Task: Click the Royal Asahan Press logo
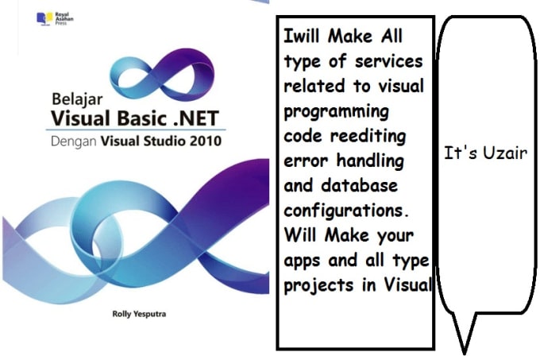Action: (x=55, y=18)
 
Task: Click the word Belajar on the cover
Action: (x=77, y=99)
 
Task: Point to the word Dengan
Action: (x=73, y=142)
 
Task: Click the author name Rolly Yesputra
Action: (x=139, y=314)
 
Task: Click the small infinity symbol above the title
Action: (x=162, y=74)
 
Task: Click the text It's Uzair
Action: (x=485, y=153)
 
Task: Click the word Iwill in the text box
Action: (x=302, y=36)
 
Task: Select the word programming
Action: (x=337, y=112)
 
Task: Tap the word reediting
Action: (x=368, y=137)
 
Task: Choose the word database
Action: (x=359, y=185)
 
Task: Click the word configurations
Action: (x=346, y=211)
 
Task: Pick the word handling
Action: (x=370, y=161)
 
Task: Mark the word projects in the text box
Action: (x=314, y=285)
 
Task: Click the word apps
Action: (x=303, y=261)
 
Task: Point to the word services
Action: (x=389, y=62)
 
